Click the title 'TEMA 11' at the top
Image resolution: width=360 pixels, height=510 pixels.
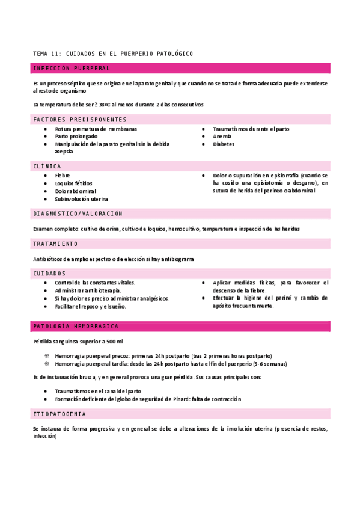coord(47,54)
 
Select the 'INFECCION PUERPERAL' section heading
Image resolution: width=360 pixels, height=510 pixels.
coord(72,69)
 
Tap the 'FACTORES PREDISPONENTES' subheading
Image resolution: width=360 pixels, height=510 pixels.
coord(80,120)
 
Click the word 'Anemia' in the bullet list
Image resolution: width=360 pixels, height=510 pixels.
coord(223,137)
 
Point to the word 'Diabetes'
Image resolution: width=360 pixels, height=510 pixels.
coord(224,144)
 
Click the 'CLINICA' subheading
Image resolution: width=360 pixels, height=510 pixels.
coord(47,166)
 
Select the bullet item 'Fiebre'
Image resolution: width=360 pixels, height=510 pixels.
coord(63,176)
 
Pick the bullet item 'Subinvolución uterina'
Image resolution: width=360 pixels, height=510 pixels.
coord(82,199)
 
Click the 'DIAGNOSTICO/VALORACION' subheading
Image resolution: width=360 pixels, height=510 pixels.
coord(78,214)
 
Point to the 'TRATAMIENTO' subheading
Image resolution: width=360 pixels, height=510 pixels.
coord(56,244)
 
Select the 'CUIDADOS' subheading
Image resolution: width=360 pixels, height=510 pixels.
coord(50,274)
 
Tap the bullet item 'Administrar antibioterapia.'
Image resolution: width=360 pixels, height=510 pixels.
coord(88,290)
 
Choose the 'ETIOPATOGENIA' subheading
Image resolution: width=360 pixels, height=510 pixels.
coord(59,414)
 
